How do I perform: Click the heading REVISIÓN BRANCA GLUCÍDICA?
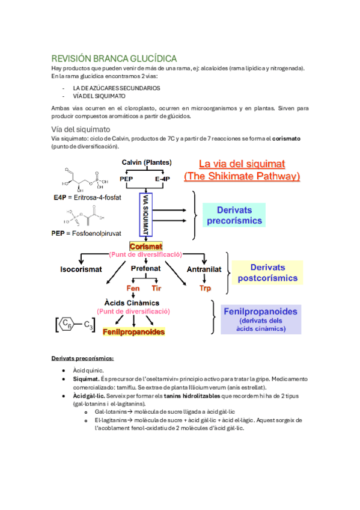click(114, 58)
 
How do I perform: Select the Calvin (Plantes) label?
click(147, 162)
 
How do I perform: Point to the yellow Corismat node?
click(146, 247)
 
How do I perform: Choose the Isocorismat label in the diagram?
click(81, 269)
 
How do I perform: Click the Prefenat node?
click(145, 269)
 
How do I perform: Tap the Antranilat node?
click(206, 269)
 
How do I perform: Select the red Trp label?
click(206, 289)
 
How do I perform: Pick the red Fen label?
click(132, 289)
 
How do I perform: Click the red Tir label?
click(156, 289)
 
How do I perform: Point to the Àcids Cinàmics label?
click(133, 303)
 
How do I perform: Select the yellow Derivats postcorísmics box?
click(267, 272)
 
